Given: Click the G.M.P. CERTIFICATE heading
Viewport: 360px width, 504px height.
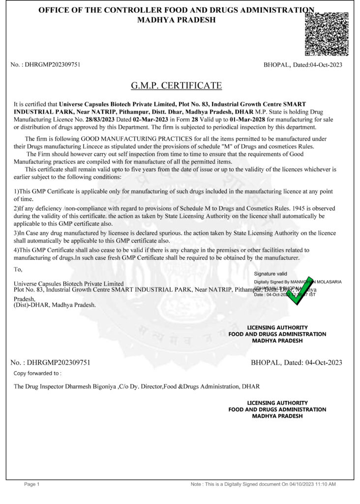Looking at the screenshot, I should (x=176, y=86).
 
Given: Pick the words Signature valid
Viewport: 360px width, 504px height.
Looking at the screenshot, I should (x=270, y=274).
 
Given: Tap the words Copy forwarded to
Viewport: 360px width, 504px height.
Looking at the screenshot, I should (x=37, y=374).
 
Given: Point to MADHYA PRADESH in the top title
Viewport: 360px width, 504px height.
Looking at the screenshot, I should (x=176, y=20).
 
